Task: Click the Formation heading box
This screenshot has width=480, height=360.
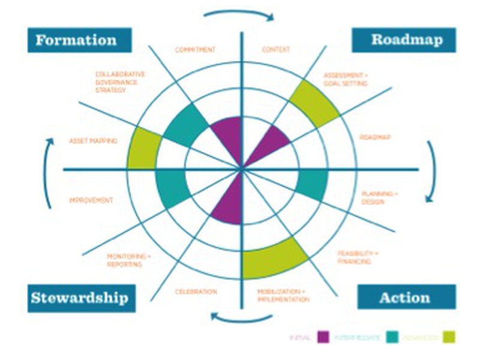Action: (x=79, y=41)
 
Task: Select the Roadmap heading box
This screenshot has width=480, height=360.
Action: (x=404, y=40)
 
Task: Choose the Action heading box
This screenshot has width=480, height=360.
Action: (x=404, y=297)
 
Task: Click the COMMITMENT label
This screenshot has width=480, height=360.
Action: (x=195, y=49)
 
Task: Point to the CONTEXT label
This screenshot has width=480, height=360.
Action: (x=275, y=49)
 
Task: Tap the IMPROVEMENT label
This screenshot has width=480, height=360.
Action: (x=91, y=200)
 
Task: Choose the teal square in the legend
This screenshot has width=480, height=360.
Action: (x=394, y=337)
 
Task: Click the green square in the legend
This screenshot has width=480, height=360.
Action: (x=449, y=337)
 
